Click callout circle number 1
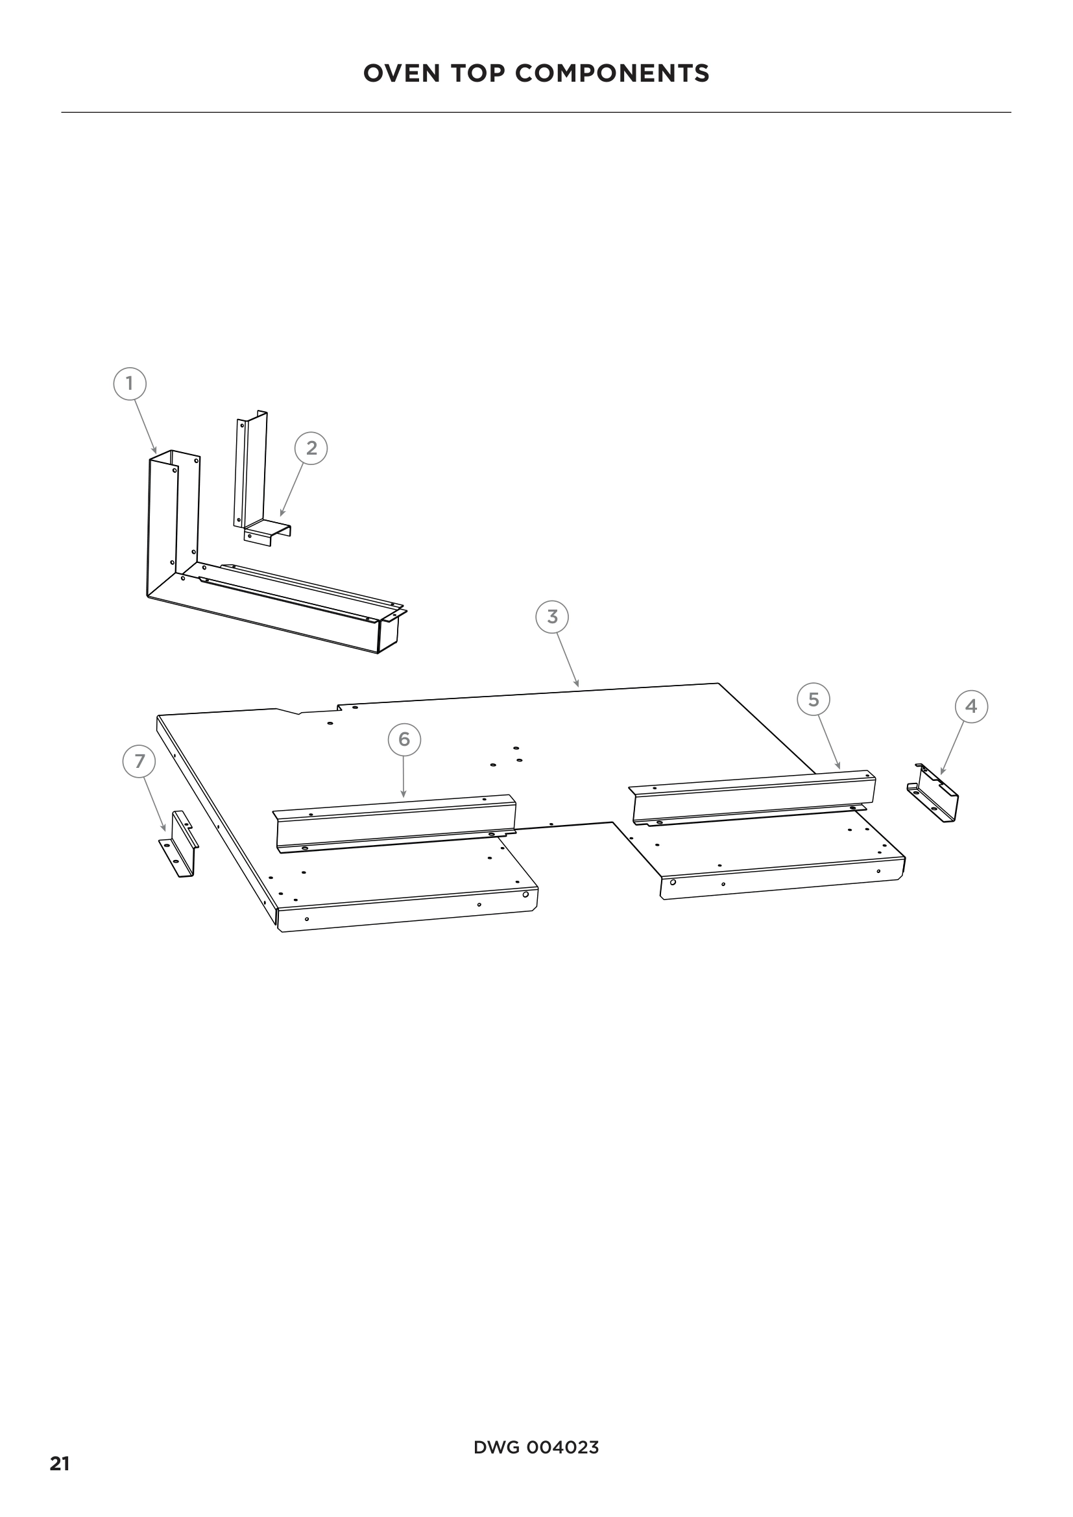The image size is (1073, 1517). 130,383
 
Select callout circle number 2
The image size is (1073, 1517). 311,448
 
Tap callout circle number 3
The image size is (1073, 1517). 552,616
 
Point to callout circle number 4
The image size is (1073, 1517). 971,706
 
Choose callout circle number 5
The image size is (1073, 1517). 814,699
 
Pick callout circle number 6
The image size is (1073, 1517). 404,739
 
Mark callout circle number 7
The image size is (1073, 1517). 139,761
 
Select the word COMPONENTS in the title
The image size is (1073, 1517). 612,73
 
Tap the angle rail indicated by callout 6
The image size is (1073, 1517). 394,823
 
